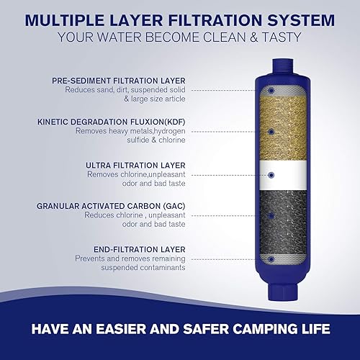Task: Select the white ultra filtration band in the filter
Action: pyautogui.click(x=277, y=174)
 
